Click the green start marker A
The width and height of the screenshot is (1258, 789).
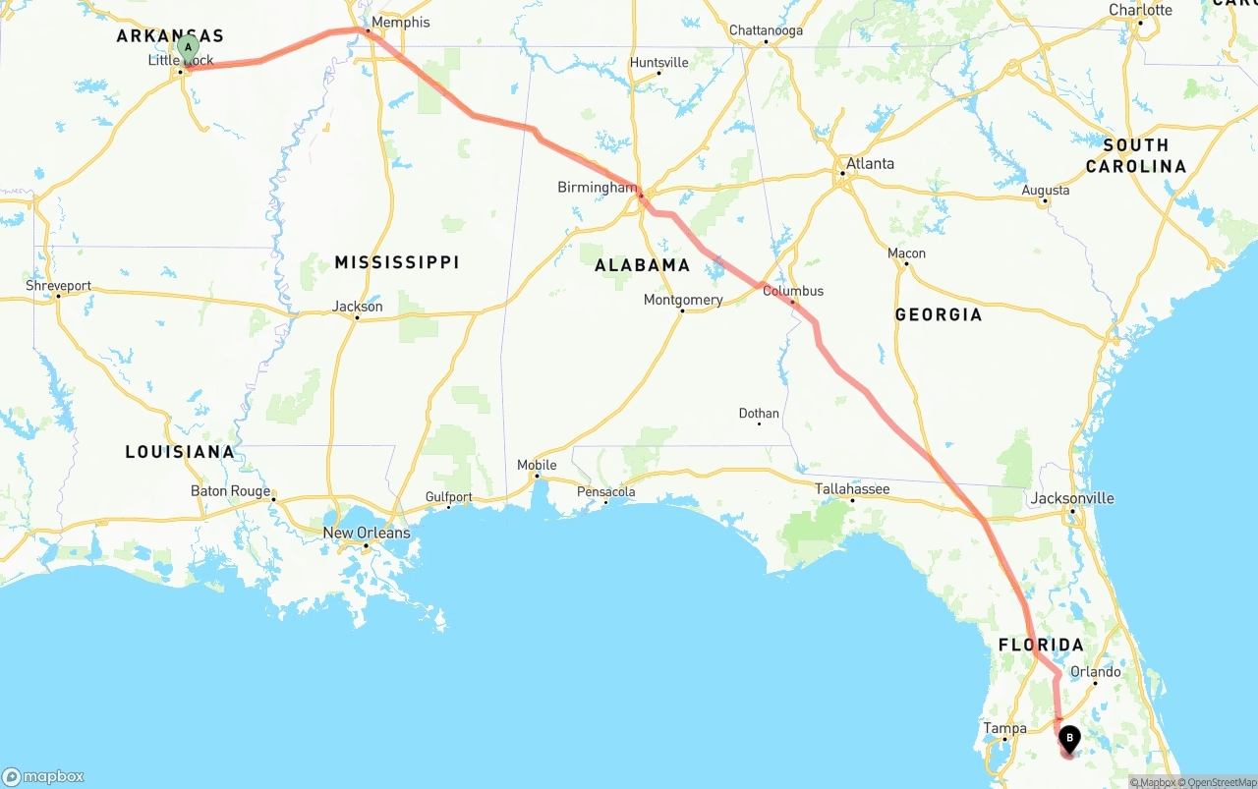point(188,47)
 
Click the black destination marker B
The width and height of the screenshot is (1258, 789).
point(1068,738)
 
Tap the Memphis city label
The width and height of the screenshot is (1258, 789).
point(400,22)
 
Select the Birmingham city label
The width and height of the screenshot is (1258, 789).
point(597,187)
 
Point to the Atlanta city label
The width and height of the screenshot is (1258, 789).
point(870,163)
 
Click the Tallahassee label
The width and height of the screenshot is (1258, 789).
point(852,488)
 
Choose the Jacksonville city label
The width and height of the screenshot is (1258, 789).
point(1072,498)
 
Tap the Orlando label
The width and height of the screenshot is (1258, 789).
point(1096,672)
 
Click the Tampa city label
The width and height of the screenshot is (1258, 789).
point(1004,728)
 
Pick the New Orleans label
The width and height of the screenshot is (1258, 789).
point(367,533)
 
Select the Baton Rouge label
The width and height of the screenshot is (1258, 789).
point(230,490)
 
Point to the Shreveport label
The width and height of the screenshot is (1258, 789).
point(59,286)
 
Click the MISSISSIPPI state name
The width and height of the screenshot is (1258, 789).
point(397,262)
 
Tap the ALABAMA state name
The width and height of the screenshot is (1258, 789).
point(643,265)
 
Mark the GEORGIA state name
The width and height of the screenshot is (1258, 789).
point(939,314)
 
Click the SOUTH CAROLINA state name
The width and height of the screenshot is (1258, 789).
point(1135,155)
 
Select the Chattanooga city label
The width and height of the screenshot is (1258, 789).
point(766,30)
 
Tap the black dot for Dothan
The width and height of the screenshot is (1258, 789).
point(759,424)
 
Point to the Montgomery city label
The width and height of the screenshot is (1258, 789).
point(683,300)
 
